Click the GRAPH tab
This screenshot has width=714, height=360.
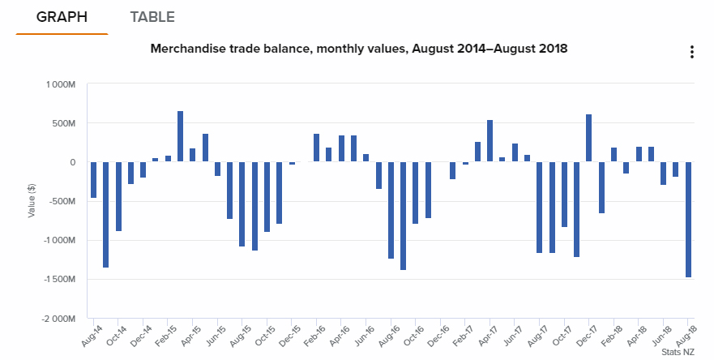62,17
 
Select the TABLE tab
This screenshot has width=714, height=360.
152,17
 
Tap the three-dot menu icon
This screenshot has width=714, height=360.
691,53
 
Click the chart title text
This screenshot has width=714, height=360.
358,49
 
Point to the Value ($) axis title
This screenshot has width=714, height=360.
32,201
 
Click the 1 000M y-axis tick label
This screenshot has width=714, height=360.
61,84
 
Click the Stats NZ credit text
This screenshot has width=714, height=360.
677,353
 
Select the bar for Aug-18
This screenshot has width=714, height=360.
688,219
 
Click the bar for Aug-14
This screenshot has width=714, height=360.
93,180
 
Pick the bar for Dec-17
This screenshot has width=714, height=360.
589,138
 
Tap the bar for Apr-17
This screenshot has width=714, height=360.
490,141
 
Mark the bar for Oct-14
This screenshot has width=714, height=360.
118,196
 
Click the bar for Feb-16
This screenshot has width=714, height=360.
316,148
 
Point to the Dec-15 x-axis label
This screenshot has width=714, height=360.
289,336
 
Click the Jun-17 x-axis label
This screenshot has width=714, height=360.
512,336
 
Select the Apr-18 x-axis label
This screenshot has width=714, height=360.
636,336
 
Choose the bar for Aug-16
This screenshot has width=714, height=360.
391,210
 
